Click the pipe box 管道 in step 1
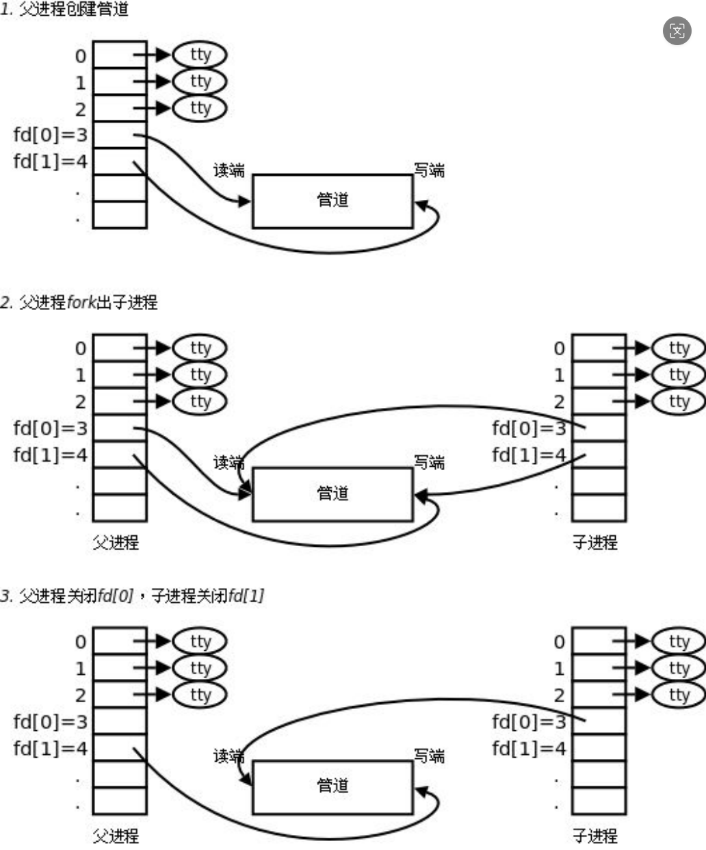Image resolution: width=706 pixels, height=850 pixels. (332, 201)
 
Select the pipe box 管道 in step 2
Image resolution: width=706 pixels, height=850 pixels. (332, 494)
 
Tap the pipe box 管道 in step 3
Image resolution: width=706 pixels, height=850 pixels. (332, 786)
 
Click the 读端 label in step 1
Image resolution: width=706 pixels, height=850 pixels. (229, 170)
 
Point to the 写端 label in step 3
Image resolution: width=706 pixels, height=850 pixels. (429, 756)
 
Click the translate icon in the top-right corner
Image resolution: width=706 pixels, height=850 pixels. (677, 31)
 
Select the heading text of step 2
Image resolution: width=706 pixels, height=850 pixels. (79, 302)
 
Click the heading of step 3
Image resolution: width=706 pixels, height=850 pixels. (132, 596)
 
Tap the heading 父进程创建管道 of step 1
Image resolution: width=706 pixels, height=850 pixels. (66, 10)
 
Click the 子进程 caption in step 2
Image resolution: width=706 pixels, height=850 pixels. (595, 543)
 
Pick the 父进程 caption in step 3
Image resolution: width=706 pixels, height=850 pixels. (116, 836)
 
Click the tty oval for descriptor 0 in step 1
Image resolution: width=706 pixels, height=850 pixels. (200, 55)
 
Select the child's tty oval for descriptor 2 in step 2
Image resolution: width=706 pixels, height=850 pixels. (679, 401)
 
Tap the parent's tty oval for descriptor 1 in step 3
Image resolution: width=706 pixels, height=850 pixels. (200, 668)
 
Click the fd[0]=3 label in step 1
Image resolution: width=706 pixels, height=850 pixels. (51, 135)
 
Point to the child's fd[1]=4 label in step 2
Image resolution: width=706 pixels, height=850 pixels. (529, 455)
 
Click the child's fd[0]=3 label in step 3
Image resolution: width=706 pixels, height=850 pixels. (529, 721)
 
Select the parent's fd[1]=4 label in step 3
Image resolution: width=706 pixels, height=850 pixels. (51, 748)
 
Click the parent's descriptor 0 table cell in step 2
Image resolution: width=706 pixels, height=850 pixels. (120, 348)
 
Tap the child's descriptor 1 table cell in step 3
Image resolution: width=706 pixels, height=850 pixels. (599, 668)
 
